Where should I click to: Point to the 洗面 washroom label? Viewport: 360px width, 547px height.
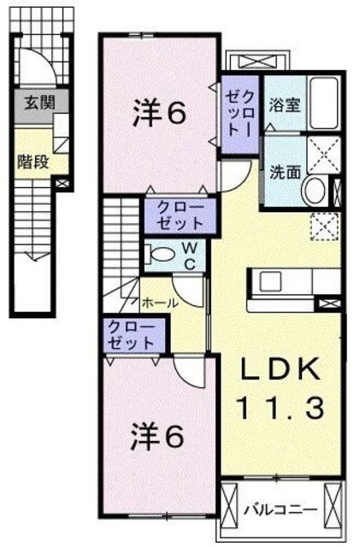285,170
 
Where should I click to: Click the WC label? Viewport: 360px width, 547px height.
189,256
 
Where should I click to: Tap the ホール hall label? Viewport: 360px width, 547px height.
160,303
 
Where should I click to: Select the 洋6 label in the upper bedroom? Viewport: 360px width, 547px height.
159,114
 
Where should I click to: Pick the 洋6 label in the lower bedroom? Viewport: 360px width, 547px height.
157,438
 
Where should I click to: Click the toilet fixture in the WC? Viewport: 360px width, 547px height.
160,254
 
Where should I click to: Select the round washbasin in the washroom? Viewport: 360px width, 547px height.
314,190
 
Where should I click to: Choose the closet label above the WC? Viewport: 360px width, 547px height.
180,215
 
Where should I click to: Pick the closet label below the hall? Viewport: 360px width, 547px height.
131,334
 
